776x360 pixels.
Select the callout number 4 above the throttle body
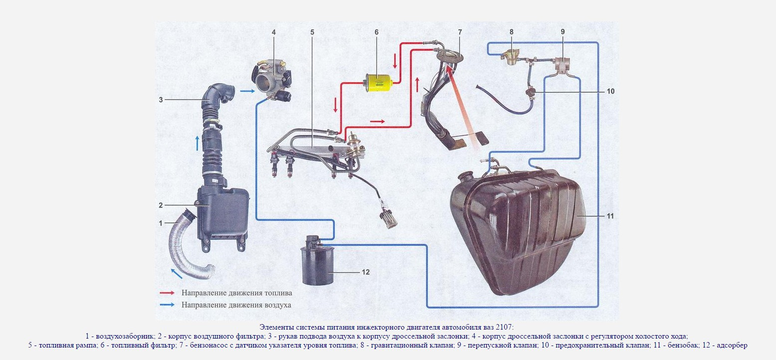(x=273, y=32)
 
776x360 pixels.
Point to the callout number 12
(x=366, y=272)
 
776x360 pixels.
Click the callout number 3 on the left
(x=161, y=100)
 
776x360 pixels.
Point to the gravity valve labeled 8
(x=511, y=57)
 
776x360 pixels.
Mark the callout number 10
(x=610, y=92)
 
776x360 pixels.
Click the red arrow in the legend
(x=167, y=293)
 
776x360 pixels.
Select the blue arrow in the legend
(x=167, y=305)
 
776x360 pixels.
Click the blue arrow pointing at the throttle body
(x=247, y=91)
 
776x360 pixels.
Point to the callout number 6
(x=377, y=32)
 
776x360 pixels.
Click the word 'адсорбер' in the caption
(x=732, y=345)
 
